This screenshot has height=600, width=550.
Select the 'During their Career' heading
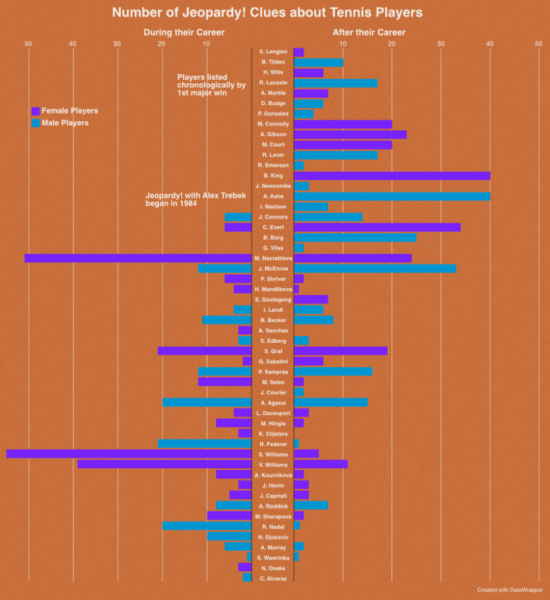[184, 32]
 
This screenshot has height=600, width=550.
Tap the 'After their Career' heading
[369, 32]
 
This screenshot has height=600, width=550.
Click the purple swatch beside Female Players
[35, 111]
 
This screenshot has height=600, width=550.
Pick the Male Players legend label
[65, 123]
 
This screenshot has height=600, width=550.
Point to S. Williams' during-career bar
[129, 454]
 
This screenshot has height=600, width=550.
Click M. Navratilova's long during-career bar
[138, 258]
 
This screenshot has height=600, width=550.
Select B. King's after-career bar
[392, 176]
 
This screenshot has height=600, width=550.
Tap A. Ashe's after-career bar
[392, 196]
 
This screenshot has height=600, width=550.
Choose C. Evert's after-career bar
[377, 227]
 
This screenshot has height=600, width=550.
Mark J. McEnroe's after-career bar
[375, 268]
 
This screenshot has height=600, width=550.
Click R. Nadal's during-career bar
[207, 526]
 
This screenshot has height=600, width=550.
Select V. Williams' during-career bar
[165, 464]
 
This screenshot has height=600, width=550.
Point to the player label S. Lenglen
[273, 52]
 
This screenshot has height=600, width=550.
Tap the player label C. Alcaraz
[273, 578]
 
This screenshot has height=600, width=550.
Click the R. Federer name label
[273, 444]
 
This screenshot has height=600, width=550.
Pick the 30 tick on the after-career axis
[440, 44]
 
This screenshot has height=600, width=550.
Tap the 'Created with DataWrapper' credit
[510, 590]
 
